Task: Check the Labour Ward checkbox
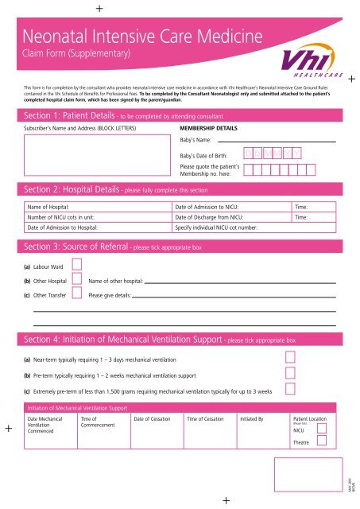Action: pyautogui.click(x=77, y=264)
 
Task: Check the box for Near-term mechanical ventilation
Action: pyautogui.click(x=291, y=357)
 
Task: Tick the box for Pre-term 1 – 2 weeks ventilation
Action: pyautogui.click(x=291, y=372)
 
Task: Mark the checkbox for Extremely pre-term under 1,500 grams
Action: pyautogui.click(x=291, y=388)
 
